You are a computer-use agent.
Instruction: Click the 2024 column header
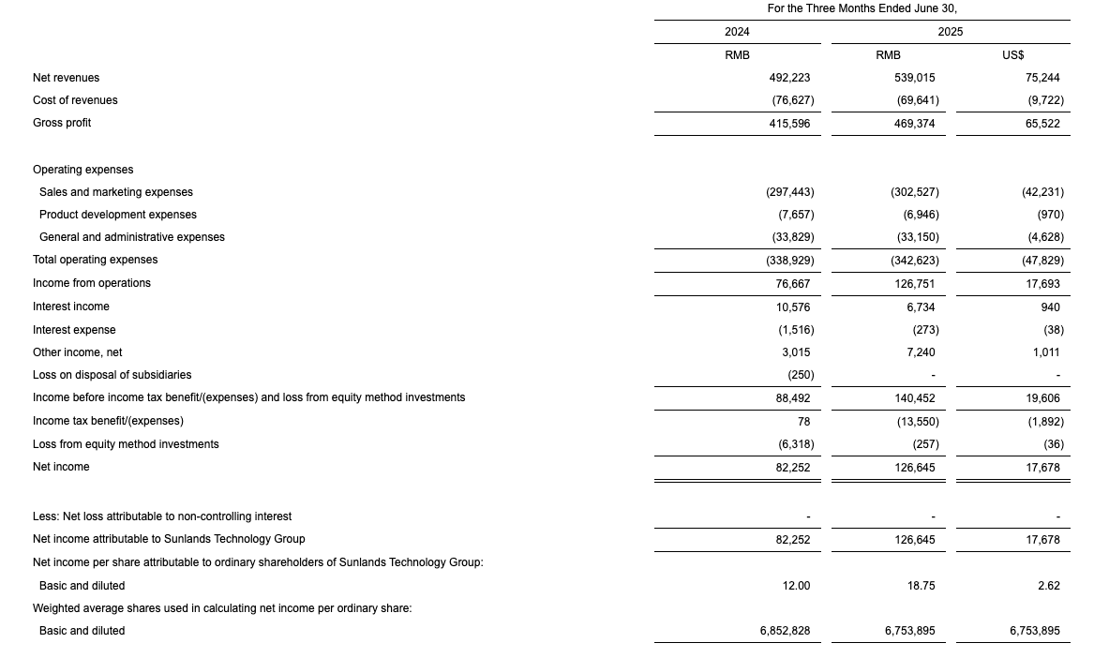coord(737,32)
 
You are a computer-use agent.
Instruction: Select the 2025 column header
coord(950,32)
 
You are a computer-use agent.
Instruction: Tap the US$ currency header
coord(1012,55)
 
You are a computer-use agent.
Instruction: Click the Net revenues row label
coord(66,78)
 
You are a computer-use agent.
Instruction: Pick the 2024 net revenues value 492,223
coord(789,78)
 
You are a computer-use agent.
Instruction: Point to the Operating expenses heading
coord(82,170)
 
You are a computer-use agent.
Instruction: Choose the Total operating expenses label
coord(95,260)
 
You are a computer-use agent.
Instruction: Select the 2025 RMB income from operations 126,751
coord(914,283)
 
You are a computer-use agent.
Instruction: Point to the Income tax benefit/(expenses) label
coord(108,421)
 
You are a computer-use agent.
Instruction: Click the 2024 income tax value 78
coord(803,422)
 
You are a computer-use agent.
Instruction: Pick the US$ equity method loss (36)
coord(1053,444)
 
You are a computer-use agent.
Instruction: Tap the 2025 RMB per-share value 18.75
coord(921,586)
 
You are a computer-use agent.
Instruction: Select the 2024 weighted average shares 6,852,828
coord(785,631)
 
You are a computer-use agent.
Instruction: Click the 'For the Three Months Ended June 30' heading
coord(862,8)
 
